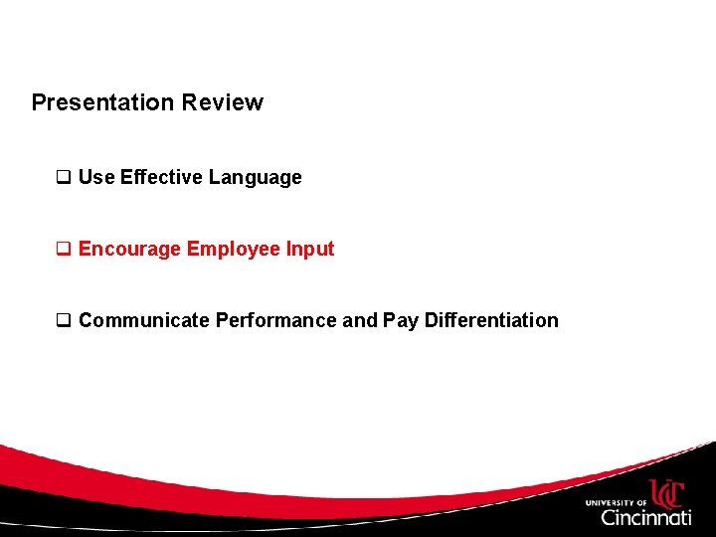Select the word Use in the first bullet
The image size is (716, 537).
click(x=96, y=177)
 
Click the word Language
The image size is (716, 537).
click(x=255, y=178)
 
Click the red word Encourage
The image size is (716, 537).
click(x=129, y=250)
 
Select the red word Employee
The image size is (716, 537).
click(x=234, y=250)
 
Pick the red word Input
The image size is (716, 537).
click(x=310, y=250)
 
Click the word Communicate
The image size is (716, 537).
click(x=144, y=320)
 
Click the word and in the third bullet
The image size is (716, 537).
click(x=360, y=320)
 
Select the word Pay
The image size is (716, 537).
click(x=401, y=321)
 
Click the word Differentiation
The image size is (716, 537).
click(x=491, y=320)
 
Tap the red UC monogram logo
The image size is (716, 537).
click(x=667, y=493)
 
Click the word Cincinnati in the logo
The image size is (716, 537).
click(x=645, y=517)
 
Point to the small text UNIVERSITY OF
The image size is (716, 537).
click(x=616, y=503)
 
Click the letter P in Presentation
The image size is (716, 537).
click(x=39, y=102)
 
